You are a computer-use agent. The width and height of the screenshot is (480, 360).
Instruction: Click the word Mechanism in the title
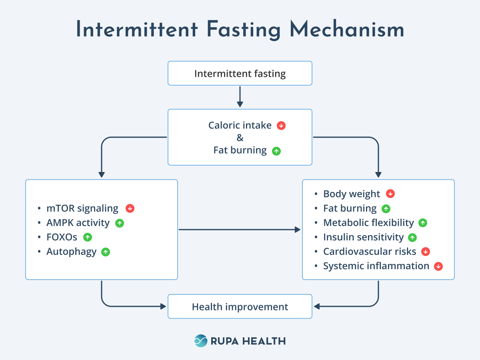[347, 30]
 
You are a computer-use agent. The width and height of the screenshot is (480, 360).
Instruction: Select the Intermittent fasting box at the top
[240, 73]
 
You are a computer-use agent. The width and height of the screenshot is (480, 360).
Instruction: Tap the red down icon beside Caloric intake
[281, 126]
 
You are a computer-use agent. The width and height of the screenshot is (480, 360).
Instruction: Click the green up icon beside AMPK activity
[119, 223]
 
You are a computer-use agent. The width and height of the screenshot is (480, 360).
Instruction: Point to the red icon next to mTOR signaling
[130, 208]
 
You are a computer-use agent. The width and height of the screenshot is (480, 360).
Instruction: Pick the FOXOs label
[62, 237]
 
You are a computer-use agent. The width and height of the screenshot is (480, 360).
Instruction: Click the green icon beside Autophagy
[106, 252]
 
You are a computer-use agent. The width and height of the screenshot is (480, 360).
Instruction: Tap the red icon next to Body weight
[390, 194]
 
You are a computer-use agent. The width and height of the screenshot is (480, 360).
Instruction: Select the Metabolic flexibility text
[368, 223]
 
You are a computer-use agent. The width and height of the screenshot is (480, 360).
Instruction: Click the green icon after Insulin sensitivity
[413, 237]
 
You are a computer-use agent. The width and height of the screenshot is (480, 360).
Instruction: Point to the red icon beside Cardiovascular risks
[426, 252]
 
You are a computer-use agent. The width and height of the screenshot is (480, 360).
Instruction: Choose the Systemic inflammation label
[376, 266]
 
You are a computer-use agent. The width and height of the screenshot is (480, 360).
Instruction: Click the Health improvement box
[240, 307]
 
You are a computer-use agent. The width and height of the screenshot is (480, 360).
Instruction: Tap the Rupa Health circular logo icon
[201, 341]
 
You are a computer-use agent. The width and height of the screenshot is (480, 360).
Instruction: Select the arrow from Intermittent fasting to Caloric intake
[240, 96]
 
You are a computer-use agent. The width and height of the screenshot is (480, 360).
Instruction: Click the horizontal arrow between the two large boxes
[239, 230]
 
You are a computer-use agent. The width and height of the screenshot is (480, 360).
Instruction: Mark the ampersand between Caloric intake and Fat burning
[240, 138]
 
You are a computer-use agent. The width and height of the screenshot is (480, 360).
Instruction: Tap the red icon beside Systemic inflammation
[438, 266]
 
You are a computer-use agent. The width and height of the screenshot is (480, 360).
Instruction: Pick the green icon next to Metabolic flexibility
[423, 223]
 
